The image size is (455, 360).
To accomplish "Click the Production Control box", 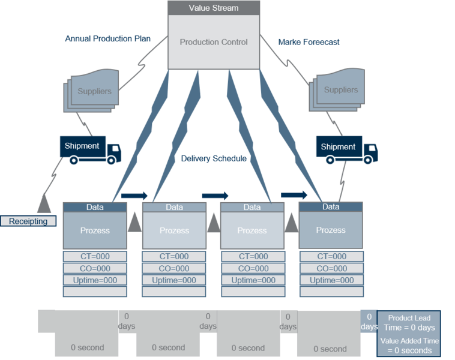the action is coord(214,42).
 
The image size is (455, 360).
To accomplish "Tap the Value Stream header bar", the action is coord(214,8).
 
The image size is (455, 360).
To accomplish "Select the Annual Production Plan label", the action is coord(107,38).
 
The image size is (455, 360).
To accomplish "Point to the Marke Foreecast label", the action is coord(309,43).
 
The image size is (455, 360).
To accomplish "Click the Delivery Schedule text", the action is coord(214,158).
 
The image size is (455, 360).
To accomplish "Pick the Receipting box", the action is coord(28,221).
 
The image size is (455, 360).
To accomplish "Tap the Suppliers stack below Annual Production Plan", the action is coord(91,91).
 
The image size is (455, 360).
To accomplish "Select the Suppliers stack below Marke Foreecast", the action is coord(337,89).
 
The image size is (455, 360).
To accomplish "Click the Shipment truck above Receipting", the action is coord(90,150).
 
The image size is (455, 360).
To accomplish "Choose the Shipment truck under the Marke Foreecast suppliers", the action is coord(347,149).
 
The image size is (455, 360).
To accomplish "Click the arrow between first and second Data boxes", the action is coord(134,196).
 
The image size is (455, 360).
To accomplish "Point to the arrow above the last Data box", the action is coord(294,195).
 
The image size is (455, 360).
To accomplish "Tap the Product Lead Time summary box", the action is coord(409,334).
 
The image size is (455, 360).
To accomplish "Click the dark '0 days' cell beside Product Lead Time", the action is coord(369,322).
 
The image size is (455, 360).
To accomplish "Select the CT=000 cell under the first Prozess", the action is coord(95,256).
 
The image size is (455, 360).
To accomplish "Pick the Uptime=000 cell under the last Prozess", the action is coord(332,280).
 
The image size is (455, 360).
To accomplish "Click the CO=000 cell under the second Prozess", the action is coord(174,268).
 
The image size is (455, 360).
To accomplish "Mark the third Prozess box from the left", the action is coord(252,230).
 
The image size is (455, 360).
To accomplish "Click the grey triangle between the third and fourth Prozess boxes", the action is coord(291,223).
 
